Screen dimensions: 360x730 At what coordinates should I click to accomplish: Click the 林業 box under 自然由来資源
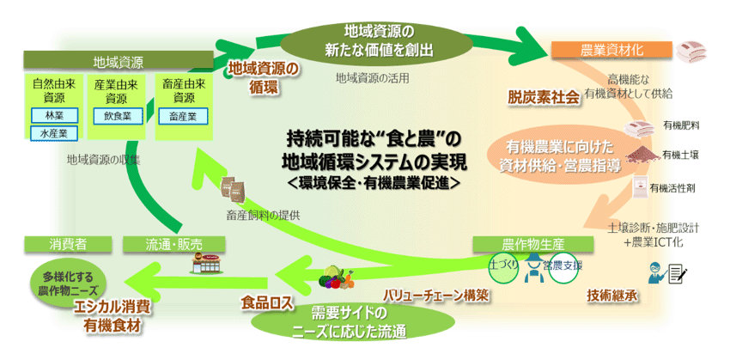(54, 115)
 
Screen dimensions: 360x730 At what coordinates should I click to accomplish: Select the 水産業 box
(54, 133)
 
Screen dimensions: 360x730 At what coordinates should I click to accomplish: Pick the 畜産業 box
(183, 114)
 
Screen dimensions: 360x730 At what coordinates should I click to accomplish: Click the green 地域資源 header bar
(118, 62)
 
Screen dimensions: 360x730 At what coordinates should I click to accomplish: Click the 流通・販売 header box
(174, 245)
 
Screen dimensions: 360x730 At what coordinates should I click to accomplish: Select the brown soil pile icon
(642, 154)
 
